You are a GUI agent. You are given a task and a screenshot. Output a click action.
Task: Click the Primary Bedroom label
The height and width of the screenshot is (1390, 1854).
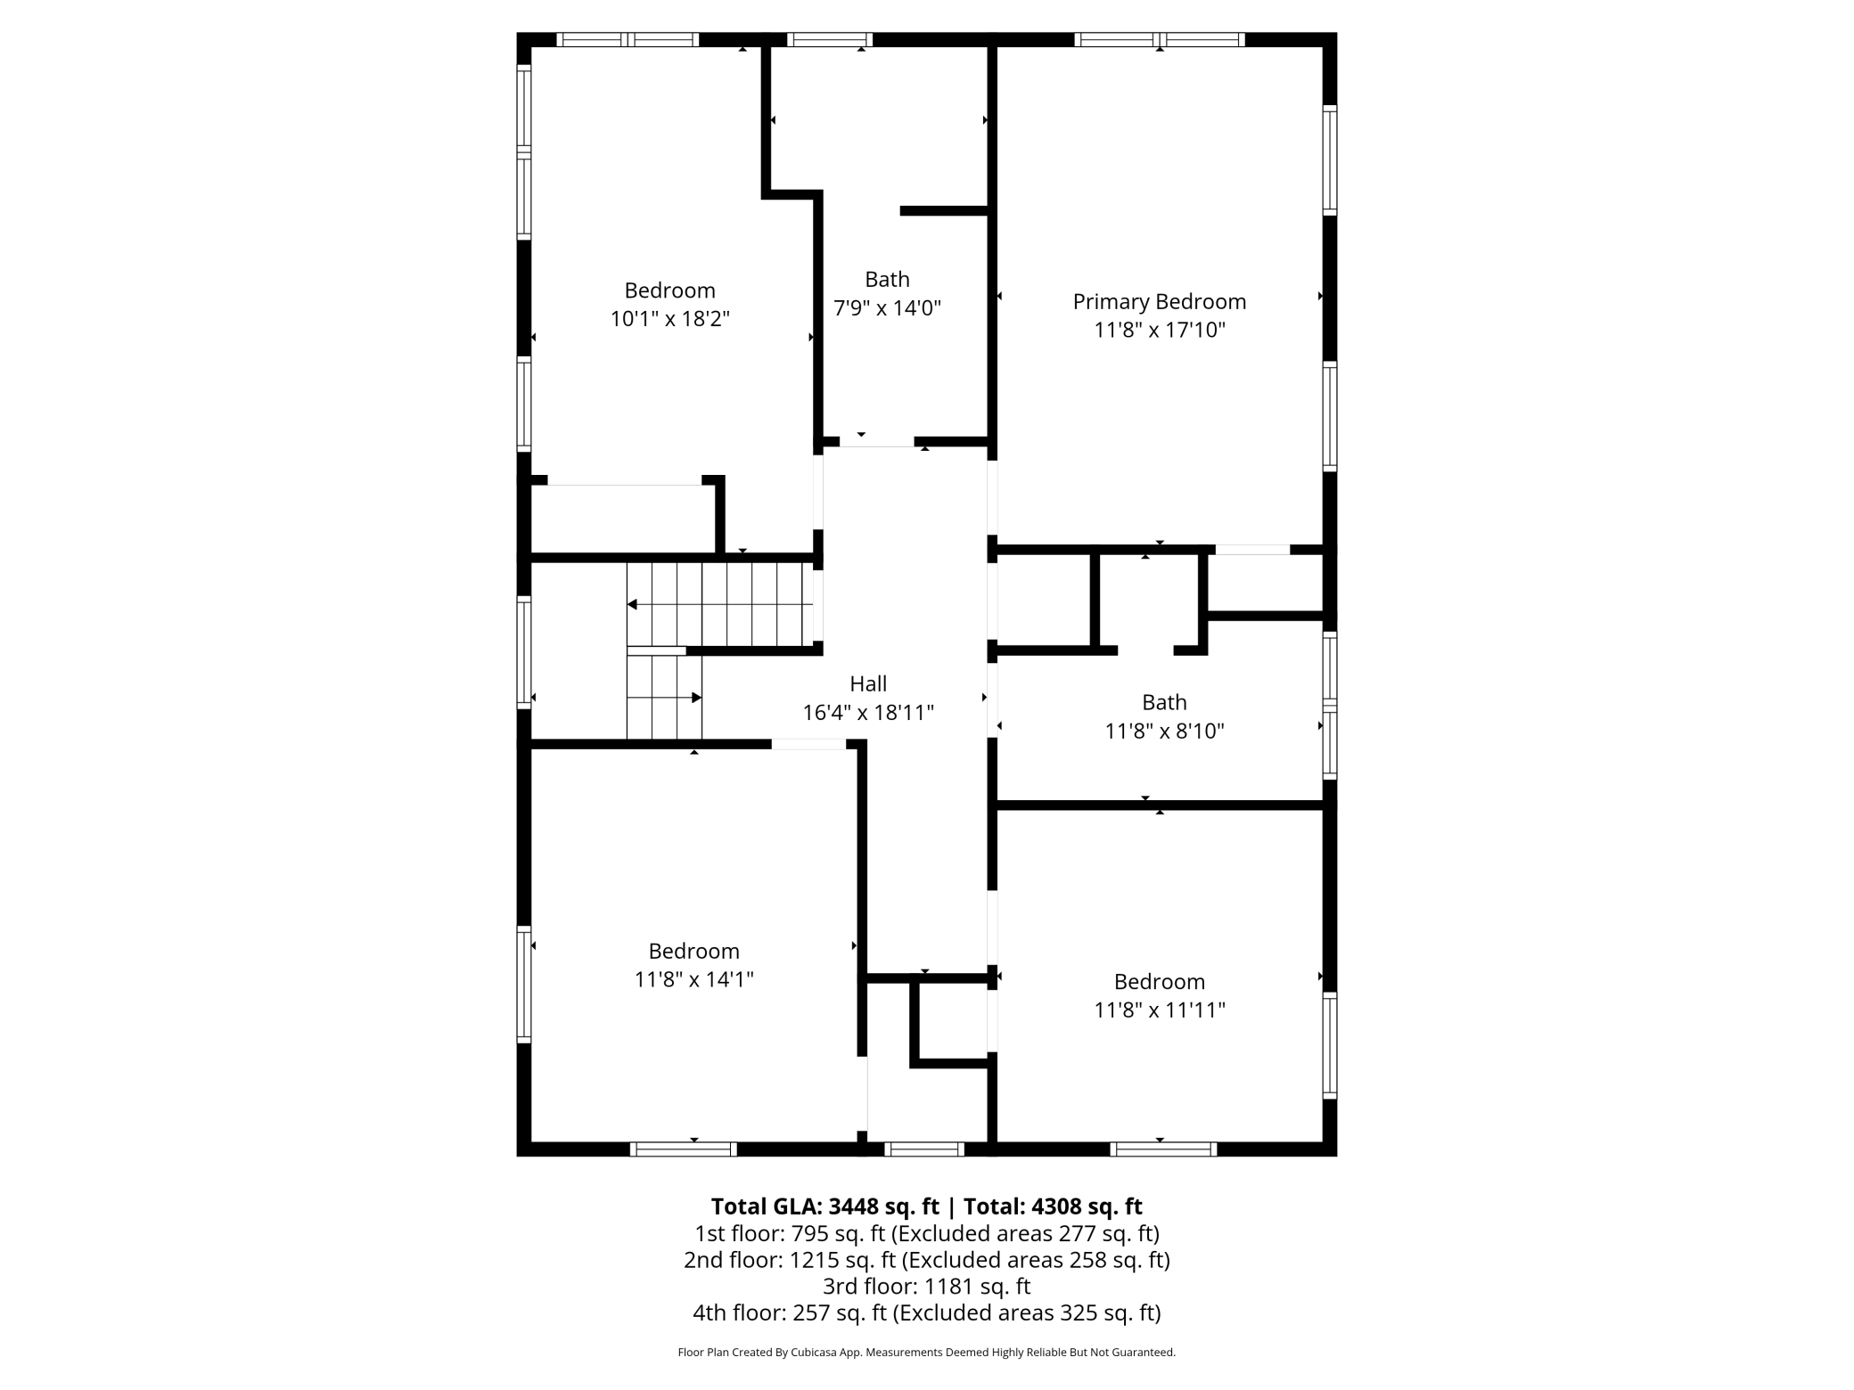(x=1159, y=302)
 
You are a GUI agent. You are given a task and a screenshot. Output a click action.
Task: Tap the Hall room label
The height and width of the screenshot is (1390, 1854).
(x=868, y=683)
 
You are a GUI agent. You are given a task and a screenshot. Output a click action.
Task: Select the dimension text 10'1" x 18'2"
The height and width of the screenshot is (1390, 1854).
(x=670, y=319)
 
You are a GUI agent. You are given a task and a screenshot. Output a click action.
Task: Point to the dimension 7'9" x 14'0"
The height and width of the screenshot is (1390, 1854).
(x=887, y=308)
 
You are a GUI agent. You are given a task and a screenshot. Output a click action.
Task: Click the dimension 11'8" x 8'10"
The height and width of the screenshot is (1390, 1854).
(x=1164, y=732)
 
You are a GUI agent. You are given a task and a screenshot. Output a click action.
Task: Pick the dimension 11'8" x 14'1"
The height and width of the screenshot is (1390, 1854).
(x=694, y=980)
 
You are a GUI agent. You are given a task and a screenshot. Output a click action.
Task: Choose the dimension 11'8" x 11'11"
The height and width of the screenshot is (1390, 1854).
(x=1160, y=1010)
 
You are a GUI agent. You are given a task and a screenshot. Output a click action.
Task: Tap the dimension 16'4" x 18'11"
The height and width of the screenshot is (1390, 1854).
(x=868, y=713)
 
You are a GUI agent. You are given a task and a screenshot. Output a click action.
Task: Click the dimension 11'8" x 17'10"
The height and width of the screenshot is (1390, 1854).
(x=1160, y=331)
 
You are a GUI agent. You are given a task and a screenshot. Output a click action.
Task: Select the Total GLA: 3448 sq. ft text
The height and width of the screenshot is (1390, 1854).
(x=824, y=1206)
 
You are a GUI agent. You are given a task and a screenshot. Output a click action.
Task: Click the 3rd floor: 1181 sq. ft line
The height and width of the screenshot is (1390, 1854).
(x=926, y=1287)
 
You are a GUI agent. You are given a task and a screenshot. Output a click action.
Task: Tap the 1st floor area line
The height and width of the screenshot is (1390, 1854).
(x=927, y=1234)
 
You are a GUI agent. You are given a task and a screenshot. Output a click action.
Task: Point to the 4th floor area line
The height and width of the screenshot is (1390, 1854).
(x=927, y=1312)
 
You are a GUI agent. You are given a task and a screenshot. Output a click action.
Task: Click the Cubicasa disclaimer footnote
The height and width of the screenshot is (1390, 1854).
(x=927, y=1353)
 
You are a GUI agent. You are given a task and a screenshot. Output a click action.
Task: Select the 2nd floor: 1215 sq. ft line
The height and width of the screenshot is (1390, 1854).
(x=927, y=1260)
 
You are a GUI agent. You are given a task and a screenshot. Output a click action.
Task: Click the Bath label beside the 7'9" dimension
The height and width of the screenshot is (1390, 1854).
(x=887, y=279)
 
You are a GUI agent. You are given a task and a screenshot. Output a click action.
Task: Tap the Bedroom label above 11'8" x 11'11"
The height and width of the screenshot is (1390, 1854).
(x=1160, y=982)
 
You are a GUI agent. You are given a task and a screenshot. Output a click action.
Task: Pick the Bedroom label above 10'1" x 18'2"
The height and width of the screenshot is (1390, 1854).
(x=670, y=290)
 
